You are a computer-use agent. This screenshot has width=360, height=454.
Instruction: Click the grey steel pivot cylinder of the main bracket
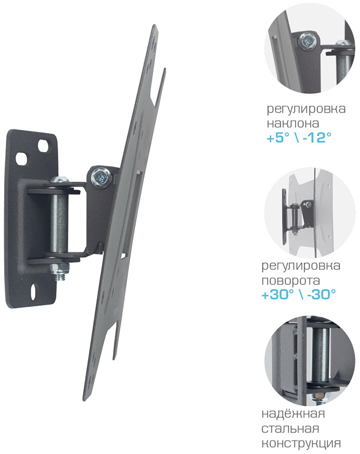[x=59, y=221]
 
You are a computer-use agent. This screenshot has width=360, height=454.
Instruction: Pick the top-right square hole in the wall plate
[x=43, y=144]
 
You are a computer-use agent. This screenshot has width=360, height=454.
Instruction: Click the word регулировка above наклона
[x=306, y=110]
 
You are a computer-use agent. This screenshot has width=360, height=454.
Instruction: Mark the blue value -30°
[x=321, y=295]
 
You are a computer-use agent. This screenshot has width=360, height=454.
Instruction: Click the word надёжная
[x=293, y=414]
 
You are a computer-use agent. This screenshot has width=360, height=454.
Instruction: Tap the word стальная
[x=290, y=428]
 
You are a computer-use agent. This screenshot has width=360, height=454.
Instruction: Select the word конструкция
[x=301, y=444]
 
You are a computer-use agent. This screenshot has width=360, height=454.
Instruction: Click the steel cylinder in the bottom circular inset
[x=321, y=356]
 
